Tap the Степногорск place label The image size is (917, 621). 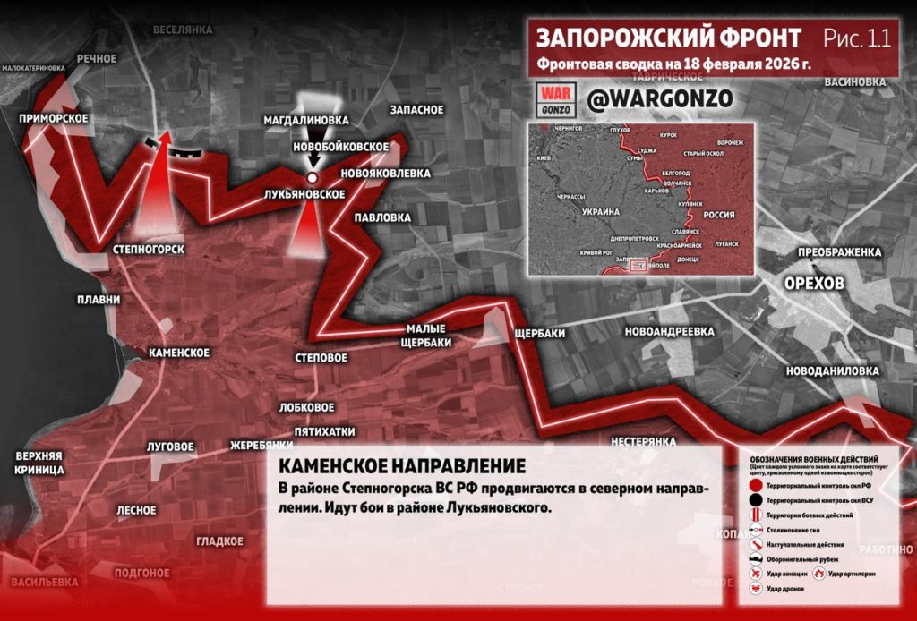[x=150, y=249]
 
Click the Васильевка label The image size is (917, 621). [x=45, y=583]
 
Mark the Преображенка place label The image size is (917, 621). [x=840, y=252]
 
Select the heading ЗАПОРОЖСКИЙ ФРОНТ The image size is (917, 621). [x=669, y=38]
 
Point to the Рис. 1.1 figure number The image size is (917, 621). [x=857, y=38]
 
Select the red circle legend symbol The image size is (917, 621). [x=757, y=484]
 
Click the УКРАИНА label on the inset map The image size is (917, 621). [x=601, y=211]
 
